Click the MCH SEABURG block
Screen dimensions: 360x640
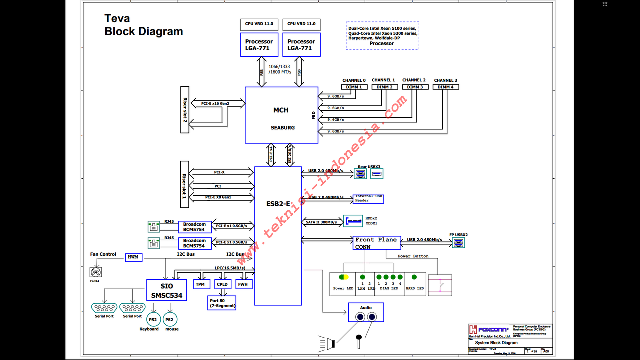click(281, 115)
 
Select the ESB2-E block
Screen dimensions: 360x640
click(278, 235)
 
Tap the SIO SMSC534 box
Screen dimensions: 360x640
click(167, 290)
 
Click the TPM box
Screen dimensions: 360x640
click(200, 284)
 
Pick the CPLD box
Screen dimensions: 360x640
click(222, 284)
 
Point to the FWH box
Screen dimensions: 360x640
click(243, 284)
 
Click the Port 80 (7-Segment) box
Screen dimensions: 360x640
click(222, 303)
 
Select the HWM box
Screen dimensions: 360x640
click(133, 257)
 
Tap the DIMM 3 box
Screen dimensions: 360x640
click(415, 87)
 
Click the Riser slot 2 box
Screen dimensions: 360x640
click(185, 109)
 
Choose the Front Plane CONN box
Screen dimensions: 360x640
click(377, 243)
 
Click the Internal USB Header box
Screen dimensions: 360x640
click(368, 199)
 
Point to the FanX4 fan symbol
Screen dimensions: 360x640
click(95, 272)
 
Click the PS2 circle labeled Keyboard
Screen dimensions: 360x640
click(153, 319)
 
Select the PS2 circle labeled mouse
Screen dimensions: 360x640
click(169, 319)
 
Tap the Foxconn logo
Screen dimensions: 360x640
click(488, 330)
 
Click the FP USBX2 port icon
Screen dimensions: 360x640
click(458, 243)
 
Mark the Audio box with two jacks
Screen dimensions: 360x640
click(366, 312)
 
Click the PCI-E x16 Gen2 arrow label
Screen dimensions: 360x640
click(215, 103)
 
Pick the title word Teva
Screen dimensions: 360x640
click(117, 19)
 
